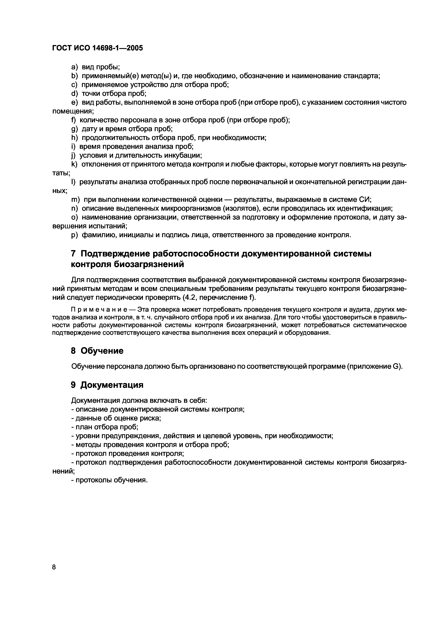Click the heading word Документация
point(112,385)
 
